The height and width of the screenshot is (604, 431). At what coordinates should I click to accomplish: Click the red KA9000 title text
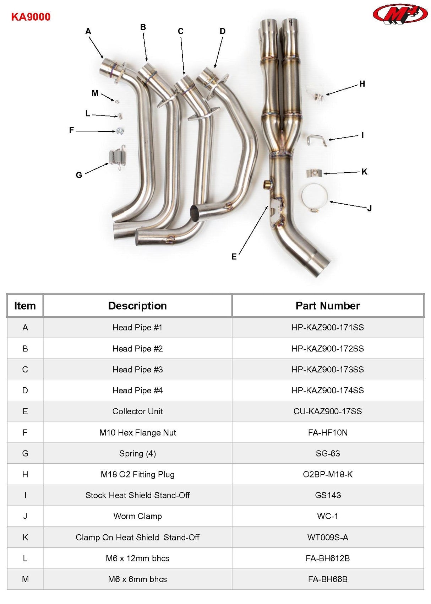tap(31, 17)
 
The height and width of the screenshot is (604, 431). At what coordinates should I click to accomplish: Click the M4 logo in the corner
tap(400, 14)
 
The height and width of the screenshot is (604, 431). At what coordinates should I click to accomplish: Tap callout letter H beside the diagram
tap(362, 84)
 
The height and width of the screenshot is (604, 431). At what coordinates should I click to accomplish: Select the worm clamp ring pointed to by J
tap(314, 198)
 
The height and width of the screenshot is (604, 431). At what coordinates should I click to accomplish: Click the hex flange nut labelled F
tap(120, 131)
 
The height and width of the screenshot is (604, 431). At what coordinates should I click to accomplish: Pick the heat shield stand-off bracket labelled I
tap(317, 140)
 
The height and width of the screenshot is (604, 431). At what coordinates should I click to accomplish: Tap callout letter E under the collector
tap(234, 257)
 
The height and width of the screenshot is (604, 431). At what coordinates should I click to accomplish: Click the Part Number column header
tap(328, 306)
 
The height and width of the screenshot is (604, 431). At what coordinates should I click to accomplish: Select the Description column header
tap(137, 306)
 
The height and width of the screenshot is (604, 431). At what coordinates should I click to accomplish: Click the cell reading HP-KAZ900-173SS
tap(328, 370)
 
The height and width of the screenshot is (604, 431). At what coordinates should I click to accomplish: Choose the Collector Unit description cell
tap(137, 411)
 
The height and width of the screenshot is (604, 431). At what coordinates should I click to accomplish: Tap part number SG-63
tap(328, 453)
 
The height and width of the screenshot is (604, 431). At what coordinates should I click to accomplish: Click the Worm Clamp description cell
tap(137, 516)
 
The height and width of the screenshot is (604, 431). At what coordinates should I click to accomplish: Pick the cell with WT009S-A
tap(328, 537)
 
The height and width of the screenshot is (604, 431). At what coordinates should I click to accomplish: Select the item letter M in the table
tap(25, 579)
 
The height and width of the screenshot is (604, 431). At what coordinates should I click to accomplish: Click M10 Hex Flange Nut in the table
tap(137, 432)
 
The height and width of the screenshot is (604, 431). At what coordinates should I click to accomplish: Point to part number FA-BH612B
tap(328, 558)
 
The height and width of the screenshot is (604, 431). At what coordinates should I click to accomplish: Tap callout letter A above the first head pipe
tap(88, 31)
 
